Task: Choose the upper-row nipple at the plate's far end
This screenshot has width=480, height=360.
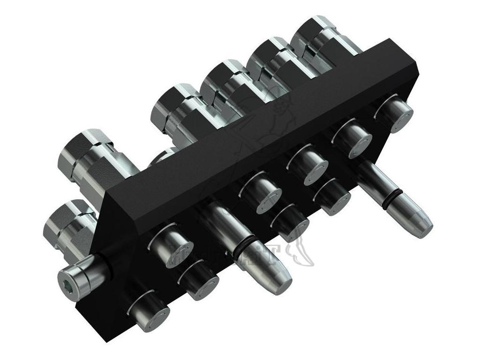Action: click(394, 114)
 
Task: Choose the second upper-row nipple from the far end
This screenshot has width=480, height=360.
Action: click(352, 138)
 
